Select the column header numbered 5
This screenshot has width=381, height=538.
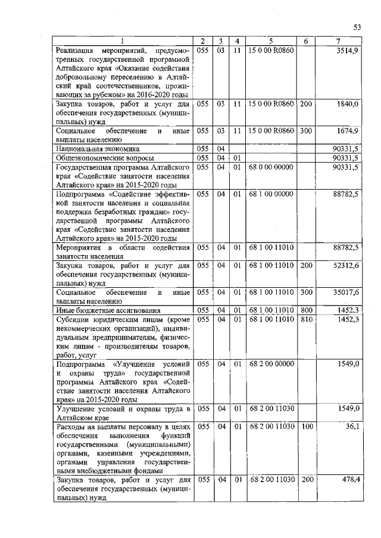click(x=271, y=41)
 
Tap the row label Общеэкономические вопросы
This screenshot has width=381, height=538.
click(x=105, y=158)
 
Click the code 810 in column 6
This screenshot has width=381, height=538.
click(x=306, y=319)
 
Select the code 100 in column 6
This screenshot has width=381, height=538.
click(x=306, y=426)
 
